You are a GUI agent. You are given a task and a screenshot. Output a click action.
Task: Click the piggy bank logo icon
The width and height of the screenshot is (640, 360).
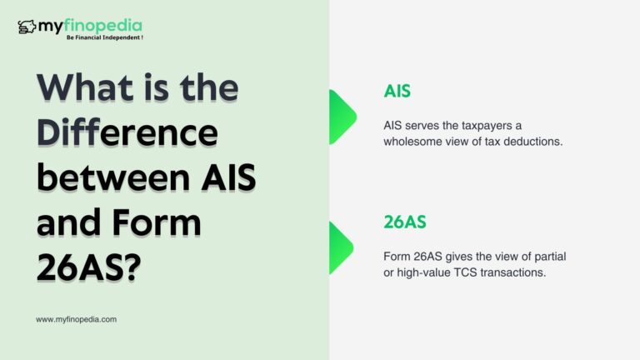tap(27, 27)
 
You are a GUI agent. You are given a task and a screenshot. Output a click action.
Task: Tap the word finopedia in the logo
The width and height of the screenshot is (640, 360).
tap(103, 26)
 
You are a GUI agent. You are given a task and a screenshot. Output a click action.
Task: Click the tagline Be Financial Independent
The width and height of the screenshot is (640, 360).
tap(105, 37)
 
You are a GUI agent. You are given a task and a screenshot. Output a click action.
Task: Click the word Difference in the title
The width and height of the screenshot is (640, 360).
tap(127, 132)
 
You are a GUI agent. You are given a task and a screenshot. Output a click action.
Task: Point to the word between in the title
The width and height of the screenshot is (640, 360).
tap(113, 177)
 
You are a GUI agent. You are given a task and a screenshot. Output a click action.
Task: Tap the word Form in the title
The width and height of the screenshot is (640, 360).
tap(157, 222)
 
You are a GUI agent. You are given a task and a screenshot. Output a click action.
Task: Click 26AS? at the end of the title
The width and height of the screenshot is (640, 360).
tap(89, 267)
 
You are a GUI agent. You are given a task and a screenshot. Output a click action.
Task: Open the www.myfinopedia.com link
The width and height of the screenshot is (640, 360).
tap(77, 320)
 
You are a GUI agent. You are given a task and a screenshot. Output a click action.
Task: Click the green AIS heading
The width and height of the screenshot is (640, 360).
tap(397, 91)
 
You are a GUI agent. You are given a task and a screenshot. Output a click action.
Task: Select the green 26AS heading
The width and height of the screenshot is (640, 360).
tap(405, 222)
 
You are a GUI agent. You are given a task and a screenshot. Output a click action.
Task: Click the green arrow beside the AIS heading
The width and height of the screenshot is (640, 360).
tap(342, 117)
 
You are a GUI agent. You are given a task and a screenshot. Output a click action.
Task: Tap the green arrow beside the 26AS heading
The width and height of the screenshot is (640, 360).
tap(341, 247)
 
